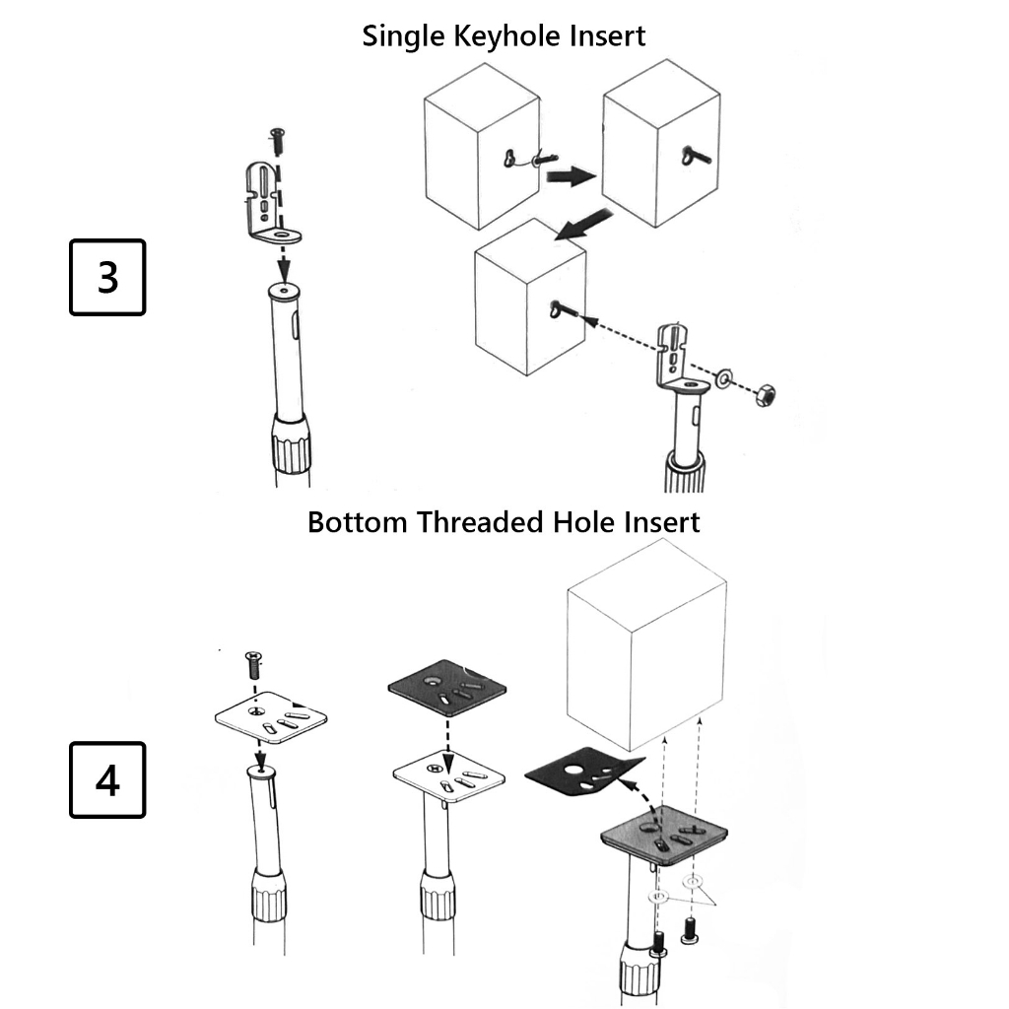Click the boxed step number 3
107,277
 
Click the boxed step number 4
107,780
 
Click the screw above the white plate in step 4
253,662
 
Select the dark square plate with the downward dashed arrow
447,689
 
